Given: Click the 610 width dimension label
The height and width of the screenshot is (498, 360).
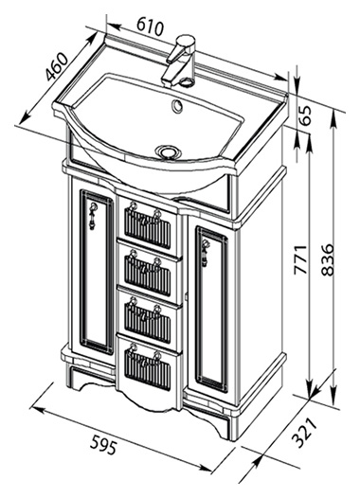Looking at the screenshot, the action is pyautogui.click(x=151, y=27).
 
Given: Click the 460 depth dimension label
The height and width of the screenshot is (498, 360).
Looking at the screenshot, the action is pyautogui.click(x=57, y=67).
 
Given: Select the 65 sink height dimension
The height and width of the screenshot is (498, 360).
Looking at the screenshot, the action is pyautogui.click(x=304, y=116).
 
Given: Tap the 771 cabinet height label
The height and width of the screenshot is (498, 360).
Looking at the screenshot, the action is pyautogui.click(x=300, y=259).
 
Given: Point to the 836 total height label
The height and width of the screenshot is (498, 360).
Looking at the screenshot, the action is pyautogui.click(x=327, y=259).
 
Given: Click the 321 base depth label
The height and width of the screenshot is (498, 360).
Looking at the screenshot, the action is pyautogui.click(x=304, y=434).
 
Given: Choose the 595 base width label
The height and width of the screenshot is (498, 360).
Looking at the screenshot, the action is pyautogui.click(x=103, y=445).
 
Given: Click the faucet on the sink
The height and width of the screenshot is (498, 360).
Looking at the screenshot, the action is pyautogui.click(x=179, y=61).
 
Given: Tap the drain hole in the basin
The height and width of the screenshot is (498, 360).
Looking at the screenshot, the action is pyautogui.click(x=168, y=151).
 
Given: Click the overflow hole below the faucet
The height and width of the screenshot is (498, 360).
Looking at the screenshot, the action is pyautogui.click(x=176, y=105).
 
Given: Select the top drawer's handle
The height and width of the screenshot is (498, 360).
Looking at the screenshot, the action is pyautogui.click(x=144, y=216).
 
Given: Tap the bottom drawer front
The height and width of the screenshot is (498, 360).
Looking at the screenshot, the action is pyautogui.click(x=149, y=371).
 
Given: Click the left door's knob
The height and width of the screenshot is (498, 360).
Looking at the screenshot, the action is pyautogui.click(x=92, y=214).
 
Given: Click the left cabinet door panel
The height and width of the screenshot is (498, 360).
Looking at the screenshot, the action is pyautogui.click(x=96, y=272).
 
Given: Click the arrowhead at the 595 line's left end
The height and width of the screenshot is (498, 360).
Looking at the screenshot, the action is pyautogui.click(x=36, y=409).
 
